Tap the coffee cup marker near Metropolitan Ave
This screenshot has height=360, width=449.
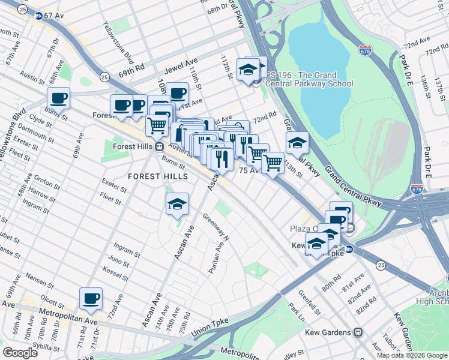pos(91,299)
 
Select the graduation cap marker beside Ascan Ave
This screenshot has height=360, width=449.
pos(178,205)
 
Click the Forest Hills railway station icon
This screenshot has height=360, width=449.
pos(159,146)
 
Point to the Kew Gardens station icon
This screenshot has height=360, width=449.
pos(358,332)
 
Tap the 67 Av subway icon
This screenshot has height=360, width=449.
pos(39,16)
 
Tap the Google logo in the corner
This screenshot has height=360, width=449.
pos(20,352)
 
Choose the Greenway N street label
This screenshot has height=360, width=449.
pos(216,227)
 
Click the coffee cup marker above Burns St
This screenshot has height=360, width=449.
pos(59,98)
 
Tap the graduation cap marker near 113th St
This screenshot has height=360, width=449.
pos(297,143)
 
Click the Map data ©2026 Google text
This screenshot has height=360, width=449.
pos(412,355)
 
